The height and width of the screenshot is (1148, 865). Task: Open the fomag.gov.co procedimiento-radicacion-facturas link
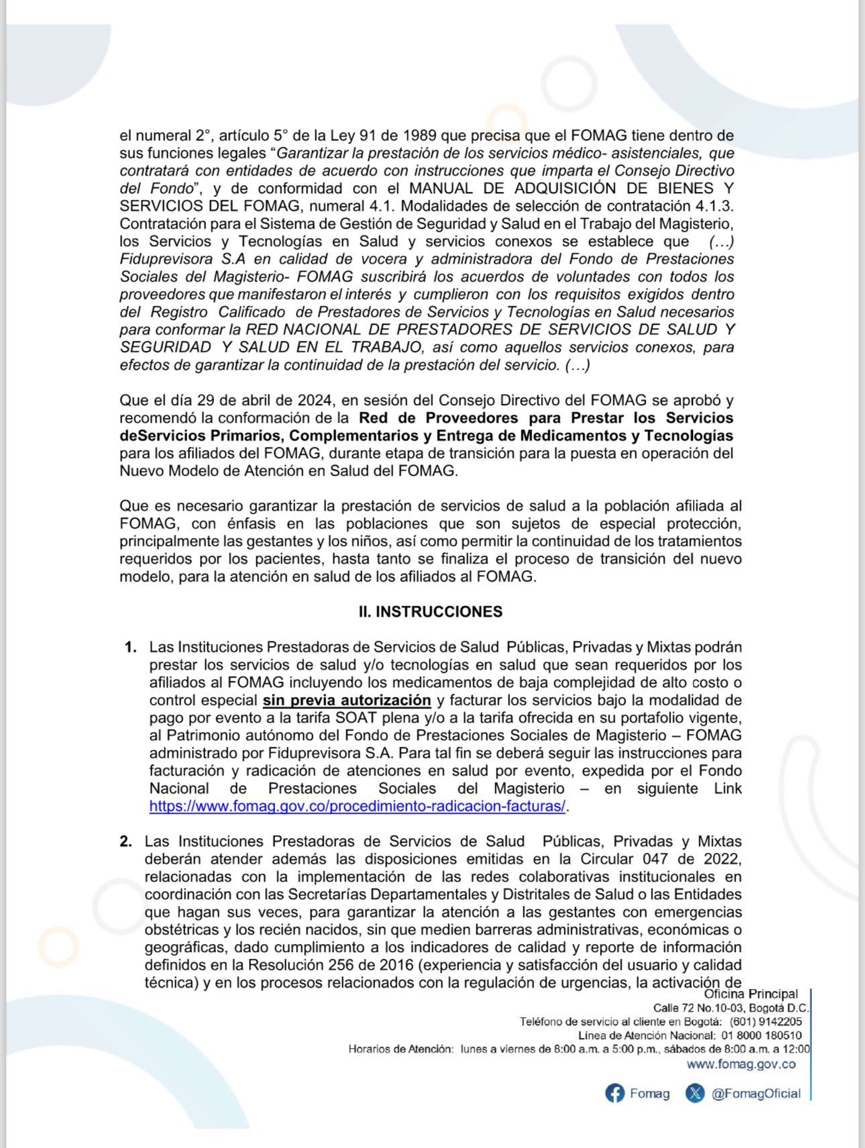[x=358, y=806]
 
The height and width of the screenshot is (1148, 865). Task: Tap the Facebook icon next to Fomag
[x=614, y=1093]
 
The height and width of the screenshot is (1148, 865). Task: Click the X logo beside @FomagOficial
[x=695, y=1093]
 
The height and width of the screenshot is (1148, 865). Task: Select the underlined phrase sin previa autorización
[x=346, y=700]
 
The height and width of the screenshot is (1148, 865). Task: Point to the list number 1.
[x=130, y=647]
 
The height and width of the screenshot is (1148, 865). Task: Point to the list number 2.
[x=126, y=841]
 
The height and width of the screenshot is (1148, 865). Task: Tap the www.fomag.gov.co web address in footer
[x=741, y=1064]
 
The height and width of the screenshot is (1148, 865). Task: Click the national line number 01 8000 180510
[x=761, y=1035]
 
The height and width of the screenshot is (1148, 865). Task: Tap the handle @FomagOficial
[x=756, y=1094]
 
